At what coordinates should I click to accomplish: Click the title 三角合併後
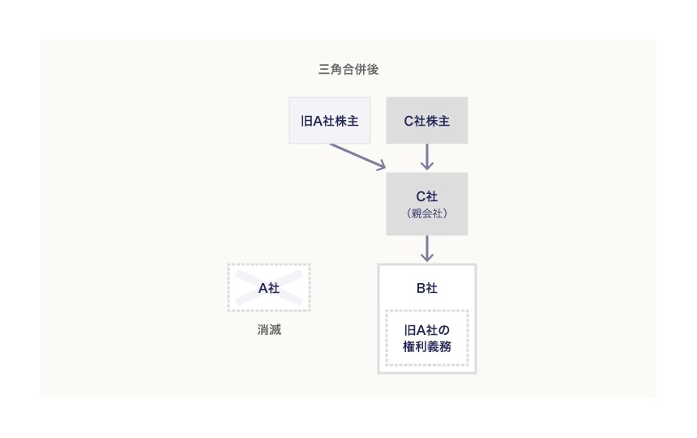tap(348, 70)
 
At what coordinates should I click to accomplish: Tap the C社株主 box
tap(427, 121)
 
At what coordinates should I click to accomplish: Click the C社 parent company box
tap(427, 204)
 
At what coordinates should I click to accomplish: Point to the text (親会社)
tap(427, 214)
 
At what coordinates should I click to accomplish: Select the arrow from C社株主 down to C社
tap(427, 157)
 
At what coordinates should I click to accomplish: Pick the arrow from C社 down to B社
tap(427, 247)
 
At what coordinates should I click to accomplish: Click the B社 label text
tap(427, 288)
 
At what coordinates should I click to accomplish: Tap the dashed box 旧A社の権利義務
tap(427, 338)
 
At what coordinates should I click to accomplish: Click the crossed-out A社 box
tap(269, 288)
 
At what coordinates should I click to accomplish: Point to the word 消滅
tap(269, 330)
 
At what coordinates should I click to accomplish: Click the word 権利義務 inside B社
tap(427, 346)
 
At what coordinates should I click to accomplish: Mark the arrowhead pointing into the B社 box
tap(427, 257)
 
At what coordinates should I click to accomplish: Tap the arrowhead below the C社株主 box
tap(427, 165)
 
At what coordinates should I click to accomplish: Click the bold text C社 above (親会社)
tap(427, 195)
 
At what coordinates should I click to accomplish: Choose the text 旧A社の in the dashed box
tap(427, 330)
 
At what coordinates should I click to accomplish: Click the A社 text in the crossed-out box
tap(269, 288)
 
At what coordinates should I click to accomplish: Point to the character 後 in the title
tap(372, 70)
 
